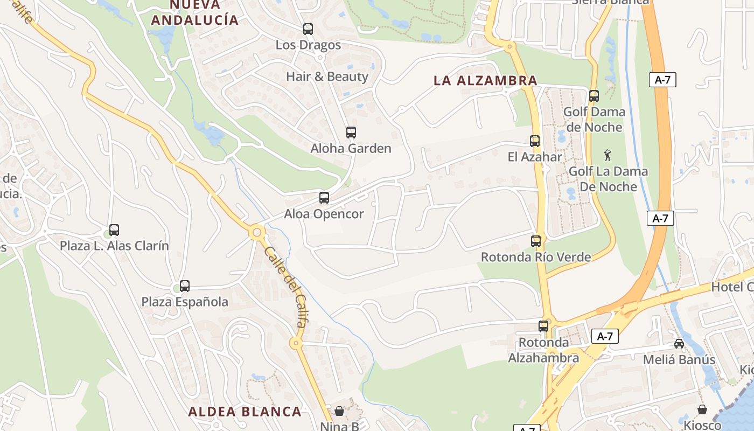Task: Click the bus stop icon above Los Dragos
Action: click(x=308, y=29)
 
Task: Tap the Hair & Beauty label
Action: click(x=327, y=77)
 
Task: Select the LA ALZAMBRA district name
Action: click(x=485, y=81)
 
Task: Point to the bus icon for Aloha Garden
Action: click(x=351, y=133)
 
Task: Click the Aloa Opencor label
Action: click(x=324, y=214)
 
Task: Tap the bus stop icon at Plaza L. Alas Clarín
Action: click(x=114, y=230)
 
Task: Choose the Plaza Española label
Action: click(x=185, y=302)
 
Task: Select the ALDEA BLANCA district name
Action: click(x=245, y=412)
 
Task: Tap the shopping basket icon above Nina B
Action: click(x=339, y=411)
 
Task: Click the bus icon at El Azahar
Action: click(x=535, y=141)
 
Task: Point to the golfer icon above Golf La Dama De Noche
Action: click(x=608, y=155)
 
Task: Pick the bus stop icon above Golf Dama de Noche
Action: click(x=594, y=96)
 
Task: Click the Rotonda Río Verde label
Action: click(x=536, y=257)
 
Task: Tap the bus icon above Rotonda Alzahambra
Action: click(x=543, y=326)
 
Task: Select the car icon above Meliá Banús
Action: click(x=679, y=344)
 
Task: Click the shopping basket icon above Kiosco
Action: click(x=702, y=409)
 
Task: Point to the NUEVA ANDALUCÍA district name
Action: click(x=194, y=12)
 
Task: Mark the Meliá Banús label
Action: click(x=680, y=360)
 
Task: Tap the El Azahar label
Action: click(x=535, y=157)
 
